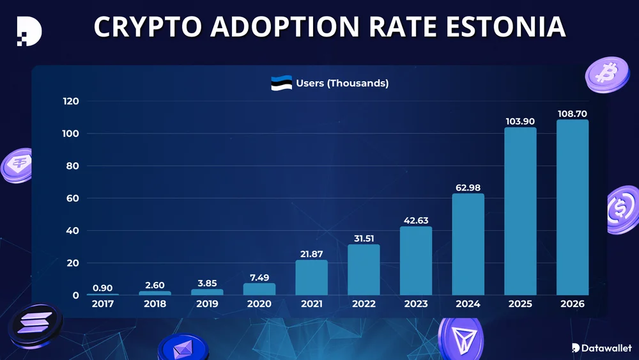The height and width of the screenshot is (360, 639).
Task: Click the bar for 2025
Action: point(520,211)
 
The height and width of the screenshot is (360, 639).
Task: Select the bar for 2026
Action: point(573,207)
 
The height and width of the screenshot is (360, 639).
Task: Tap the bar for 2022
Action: point(364,270)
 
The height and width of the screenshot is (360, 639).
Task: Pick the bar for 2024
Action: point(468,244)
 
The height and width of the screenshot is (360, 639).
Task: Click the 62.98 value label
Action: point(468,187)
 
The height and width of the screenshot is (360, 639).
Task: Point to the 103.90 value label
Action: point(520,121)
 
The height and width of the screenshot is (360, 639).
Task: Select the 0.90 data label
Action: point(102,287)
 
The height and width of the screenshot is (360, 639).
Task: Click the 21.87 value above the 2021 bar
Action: point(311,254)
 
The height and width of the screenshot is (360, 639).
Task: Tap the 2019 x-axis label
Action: point(207,304)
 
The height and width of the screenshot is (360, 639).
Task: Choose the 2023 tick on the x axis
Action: point(415,304)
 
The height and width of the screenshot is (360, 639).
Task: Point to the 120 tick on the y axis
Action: point(70,101)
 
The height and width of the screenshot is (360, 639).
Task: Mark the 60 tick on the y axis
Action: point(73,198)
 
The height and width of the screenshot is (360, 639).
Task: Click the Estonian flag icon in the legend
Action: point(281,83)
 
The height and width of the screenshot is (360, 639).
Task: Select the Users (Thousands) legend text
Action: point(342,83)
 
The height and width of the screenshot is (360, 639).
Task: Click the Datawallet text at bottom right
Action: point(606,348)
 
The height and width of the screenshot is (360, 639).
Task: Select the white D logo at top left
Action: point(29,30)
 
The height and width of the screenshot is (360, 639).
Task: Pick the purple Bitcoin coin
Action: point(603,74)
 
